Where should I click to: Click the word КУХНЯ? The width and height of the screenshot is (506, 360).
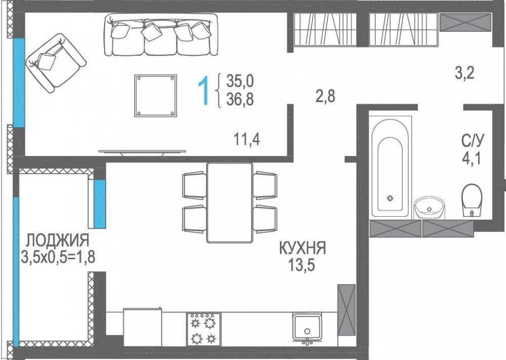click(x=303, y=249)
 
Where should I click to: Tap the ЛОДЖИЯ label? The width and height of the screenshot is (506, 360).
click(x=58, y=240)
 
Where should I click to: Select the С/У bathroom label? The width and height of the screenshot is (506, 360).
click(x=473, y=141)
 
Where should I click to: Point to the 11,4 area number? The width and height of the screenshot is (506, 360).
click(x=247, y=140)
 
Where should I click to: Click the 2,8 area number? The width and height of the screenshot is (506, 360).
click(x=325, y=96)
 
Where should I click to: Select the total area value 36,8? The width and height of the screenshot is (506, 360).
click(x=240, y=99)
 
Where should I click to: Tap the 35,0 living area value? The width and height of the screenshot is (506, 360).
click(x=240, y=81)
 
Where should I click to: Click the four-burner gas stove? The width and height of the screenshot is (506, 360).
click(x=203, y=329)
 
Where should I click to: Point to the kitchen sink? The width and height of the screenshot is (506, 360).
click(x=307, y=328)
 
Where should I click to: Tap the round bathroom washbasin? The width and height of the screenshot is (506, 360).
click(x=430, y=208)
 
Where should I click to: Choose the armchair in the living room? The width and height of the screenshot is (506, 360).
click(x=56, y=62)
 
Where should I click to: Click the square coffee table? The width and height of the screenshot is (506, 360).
click(x=155, y=96)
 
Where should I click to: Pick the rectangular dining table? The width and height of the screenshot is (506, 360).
click(x=229, y=203)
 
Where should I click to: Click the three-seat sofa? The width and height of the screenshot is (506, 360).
click(x=161, y=34)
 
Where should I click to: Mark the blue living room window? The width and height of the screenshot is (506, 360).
click(x=19, y=83)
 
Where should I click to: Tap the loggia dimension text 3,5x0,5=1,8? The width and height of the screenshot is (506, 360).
click(x=58, y=257)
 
